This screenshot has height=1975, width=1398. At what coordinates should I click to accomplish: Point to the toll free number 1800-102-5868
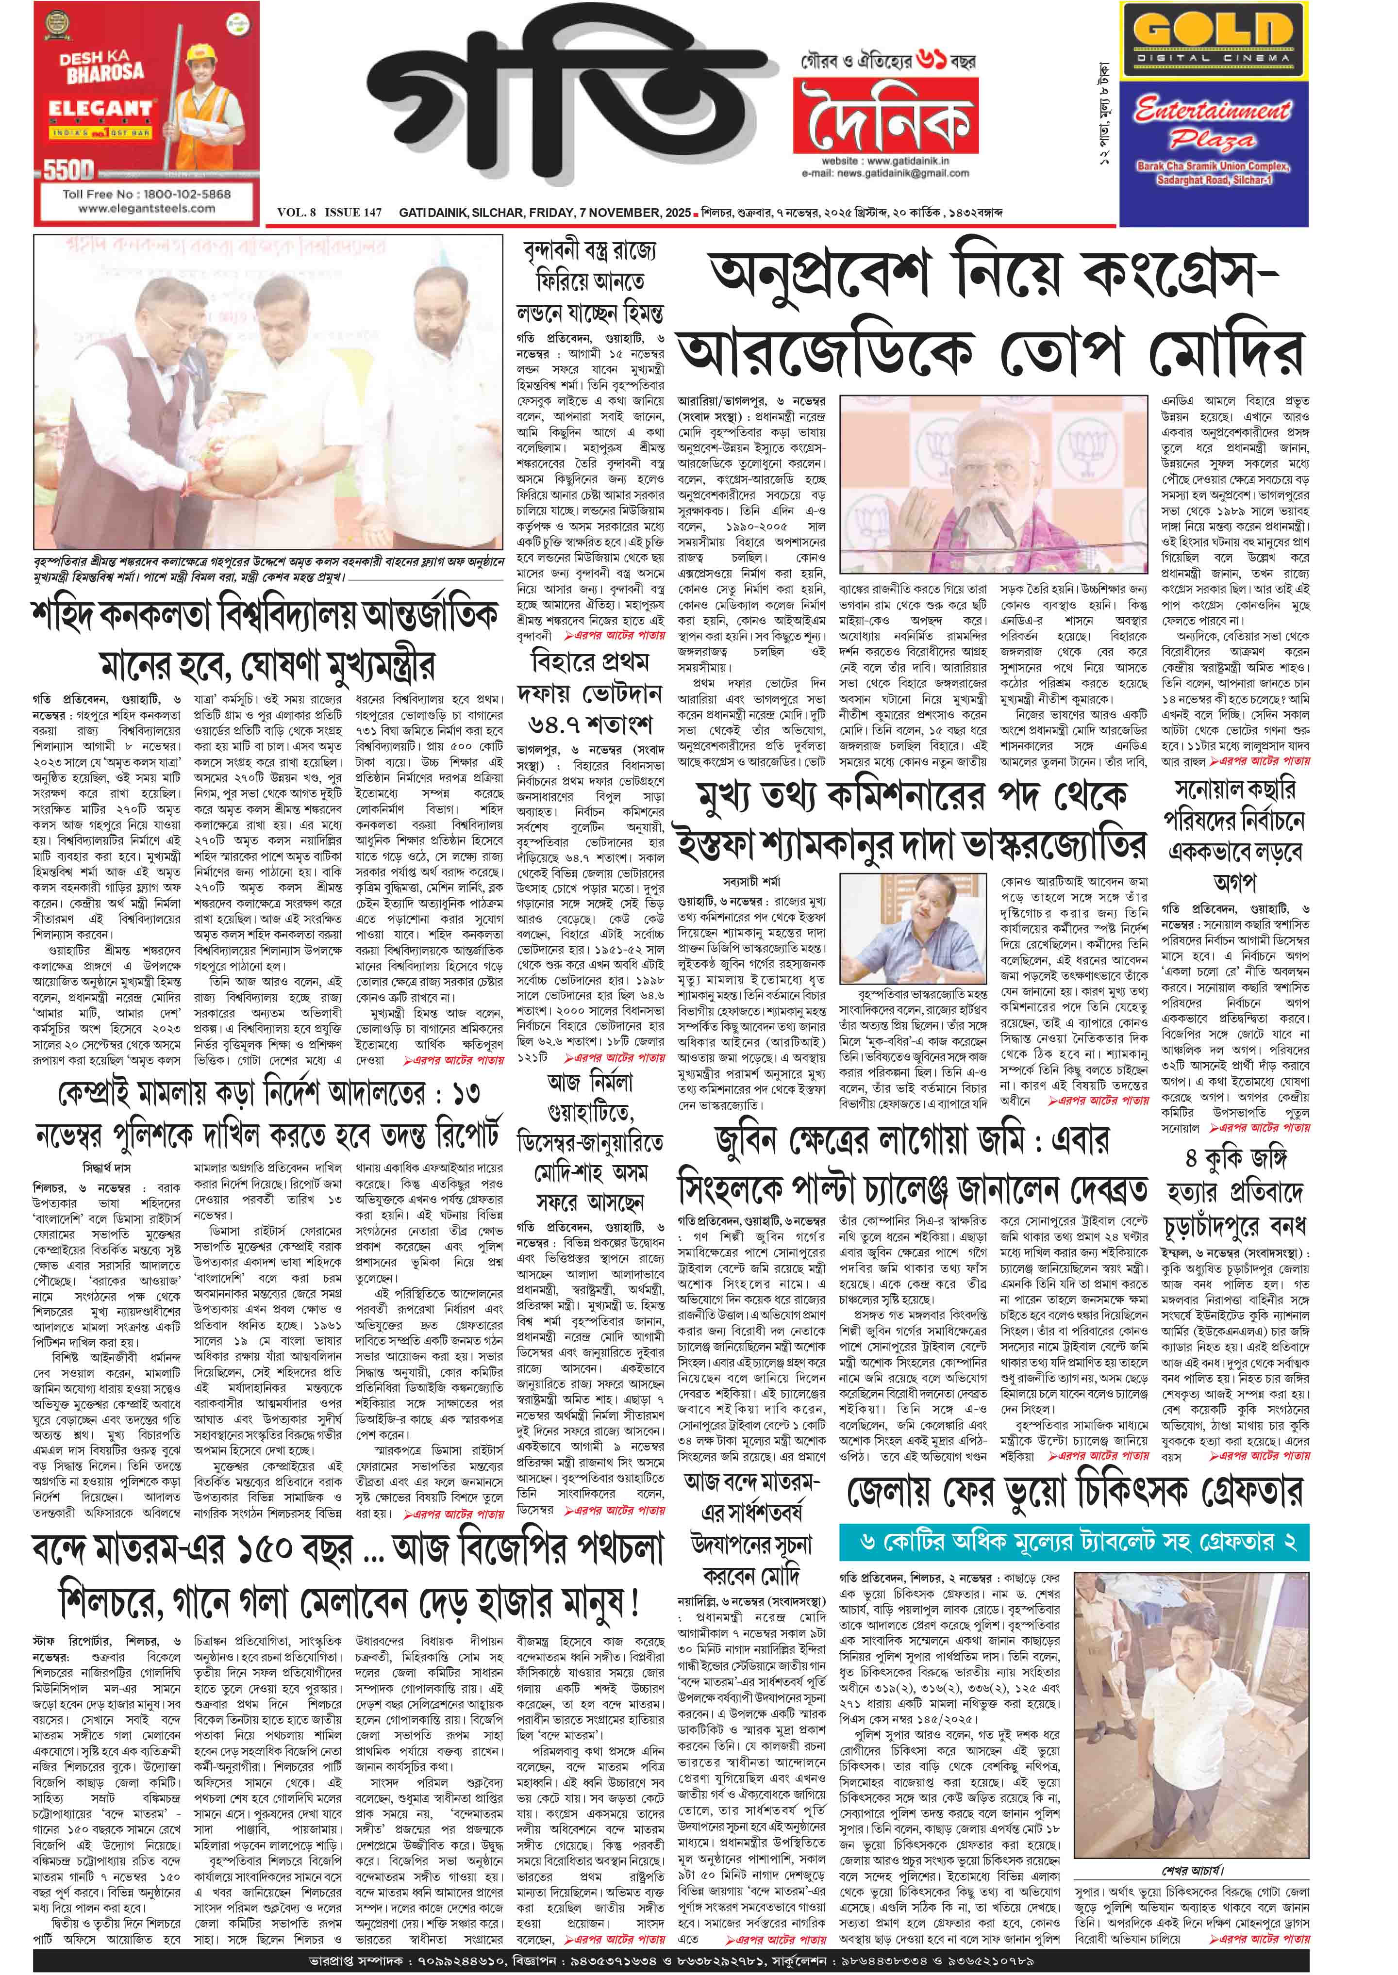click(146, 194)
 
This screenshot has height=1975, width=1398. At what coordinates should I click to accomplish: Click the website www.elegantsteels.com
click(146, 208)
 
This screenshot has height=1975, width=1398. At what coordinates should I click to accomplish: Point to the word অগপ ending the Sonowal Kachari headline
click(1234, 882)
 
